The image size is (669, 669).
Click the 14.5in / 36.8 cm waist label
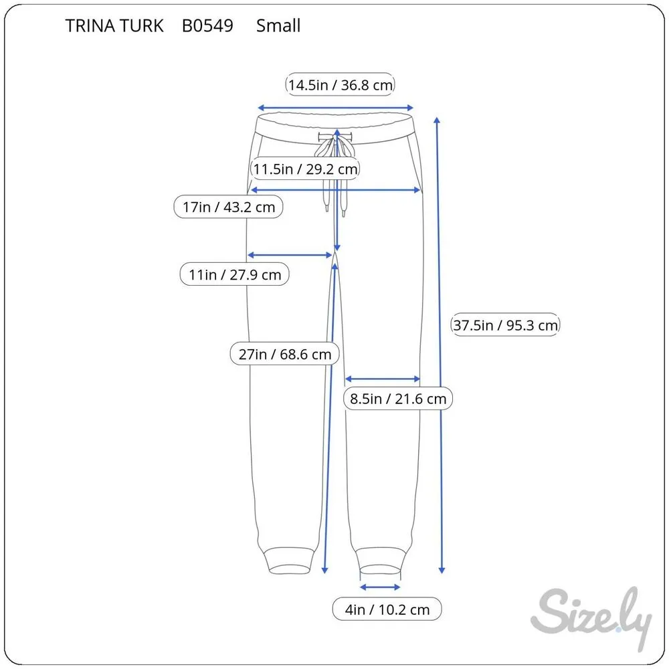coord(340,85)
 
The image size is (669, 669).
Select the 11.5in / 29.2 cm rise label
coord(305,169)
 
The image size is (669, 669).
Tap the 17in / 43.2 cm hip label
coord(229,207)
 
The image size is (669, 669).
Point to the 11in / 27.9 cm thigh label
coord(234,274)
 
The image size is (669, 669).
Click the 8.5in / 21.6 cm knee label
coord(398,399)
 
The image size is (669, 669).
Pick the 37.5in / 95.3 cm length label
coord(506,325)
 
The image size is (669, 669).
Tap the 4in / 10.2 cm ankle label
coord(387,609)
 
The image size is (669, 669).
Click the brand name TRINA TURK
coord(114,26)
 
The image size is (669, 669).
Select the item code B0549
coord(207,26)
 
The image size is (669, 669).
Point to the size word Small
coord(278,26)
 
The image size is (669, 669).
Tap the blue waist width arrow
coord(336,107)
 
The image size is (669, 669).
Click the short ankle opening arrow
coord(380,587)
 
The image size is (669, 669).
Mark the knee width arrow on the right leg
coord(382,379)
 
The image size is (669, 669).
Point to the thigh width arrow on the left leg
coord(290,255)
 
